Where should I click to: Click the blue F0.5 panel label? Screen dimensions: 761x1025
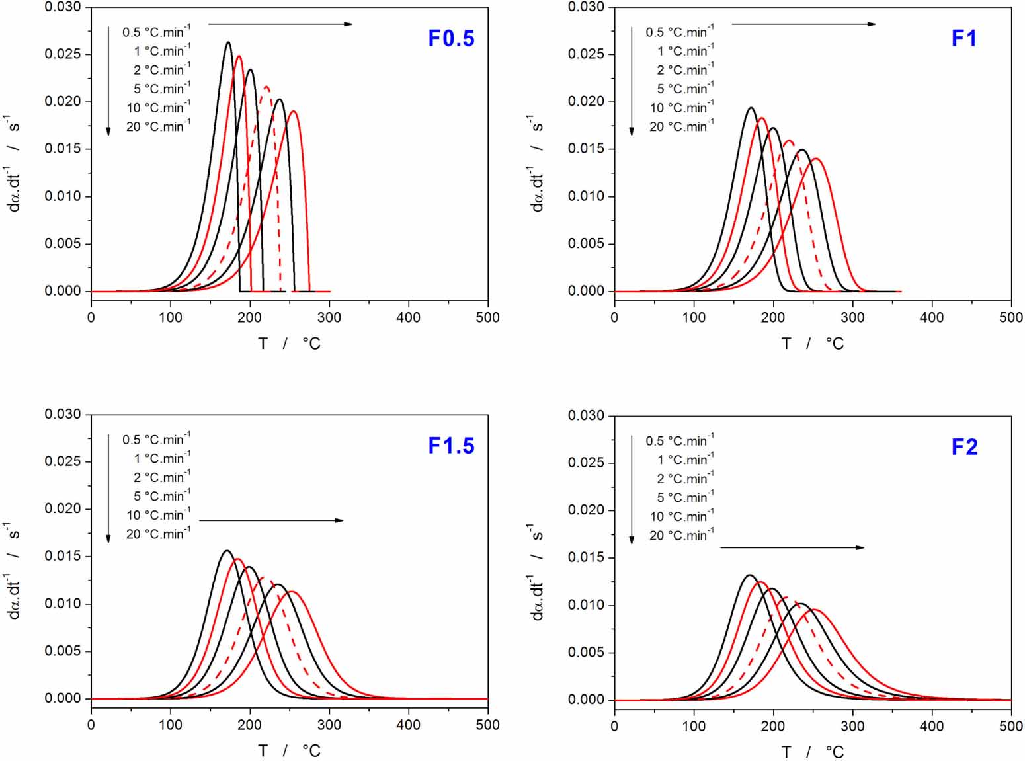coord(451,38)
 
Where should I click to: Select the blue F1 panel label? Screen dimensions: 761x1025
coord(963,38)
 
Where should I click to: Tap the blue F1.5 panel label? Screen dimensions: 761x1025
coord(451,446)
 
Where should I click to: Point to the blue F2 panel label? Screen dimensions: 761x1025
coord(964,447)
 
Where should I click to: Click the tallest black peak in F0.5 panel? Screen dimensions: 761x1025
coord(228,42)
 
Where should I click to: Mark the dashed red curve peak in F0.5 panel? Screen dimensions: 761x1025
coord(266,86)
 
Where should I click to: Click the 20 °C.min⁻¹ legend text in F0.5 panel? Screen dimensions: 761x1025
coord(158,126)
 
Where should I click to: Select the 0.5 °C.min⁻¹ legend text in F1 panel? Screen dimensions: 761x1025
coord(680,32)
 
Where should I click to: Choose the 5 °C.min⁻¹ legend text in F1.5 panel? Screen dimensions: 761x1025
coord(161,496)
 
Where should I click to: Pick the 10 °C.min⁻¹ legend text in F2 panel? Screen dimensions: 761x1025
coord(682,516)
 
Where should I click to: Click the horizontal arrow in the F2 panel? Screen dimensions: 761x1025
coord(792,547)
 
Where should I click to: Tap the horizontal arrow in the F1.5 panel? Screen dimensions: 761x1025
coord(271,520)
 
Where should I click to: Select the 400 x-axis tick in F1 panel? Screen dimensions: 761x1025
coord(932,317)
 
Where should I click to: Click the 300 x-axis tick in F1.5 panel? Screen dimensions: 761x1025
coord(329,725)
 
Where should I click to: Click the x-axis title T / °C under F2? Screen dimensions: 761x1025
coord(812,752)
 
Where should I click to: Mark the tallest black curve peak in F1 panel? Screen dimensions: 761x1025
coord(751,108)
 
